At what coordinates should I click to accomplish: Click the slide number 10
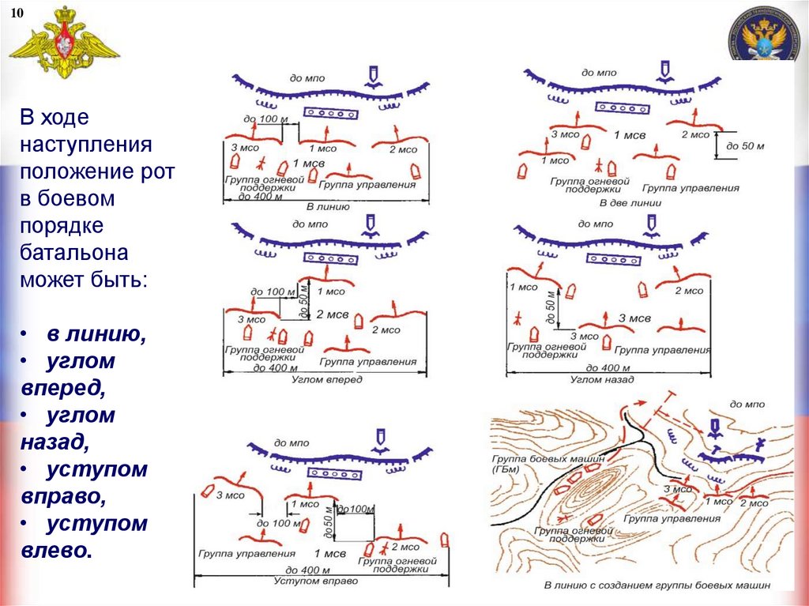[x=17, y=13]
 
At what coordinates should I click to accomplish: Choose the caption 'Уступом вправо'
[x=316, y=581]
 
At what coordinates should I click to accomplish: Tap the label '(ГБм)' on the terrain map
[x=508, y=469]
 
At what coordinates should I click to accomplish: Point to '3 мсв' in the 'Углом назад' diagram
[x=634, y=318]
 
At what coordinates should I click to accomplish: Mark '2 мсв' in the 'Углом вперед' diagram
[x=332, y=314]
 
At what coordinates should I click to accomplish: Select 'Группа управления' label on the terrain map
[x=672, y=519]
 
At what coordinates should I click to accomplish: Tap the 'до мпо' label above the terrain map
[x=747, y=404]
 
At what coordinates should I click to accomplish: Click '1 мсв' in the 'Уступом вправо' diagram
[x=329, y=554]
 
